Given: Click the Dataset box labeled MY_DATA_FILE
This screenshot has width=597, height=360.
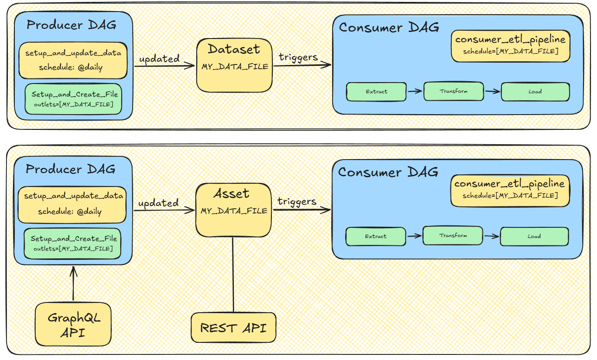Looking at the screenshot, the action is pyautogui.click(x=234, y=65).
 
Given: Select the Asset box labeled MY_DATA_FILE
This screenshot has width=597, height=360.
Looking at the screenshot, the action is pyautogui.click(x=233, y=210).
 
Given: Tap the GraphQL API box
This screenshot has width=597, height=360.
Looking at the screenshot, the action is pyautogui.click(x=73, y=324).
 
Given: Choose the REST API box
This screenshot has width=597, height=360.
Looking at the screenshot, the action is pyautogui.click(x=233, y=328).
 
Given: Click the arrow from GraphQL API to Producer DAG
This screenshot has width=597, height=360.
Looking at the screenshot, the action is pyautogui.click(x=73, y=283).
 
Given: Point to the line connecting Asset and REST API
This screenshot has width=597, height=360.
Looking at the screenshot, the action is pyautogui.click(x=233, y=275).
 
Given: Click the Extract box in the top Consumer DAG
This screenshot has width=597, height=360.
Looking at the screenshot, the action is pyautogui.click(x=376, y=92).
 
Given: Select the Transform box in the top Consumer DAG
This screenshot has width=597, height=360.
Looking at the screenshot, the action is pyautogui.click(x=454, y=91).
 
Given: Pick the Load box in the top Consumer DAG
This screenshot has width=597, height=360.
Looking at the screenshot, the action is pyautogui.click(x=535, y=92).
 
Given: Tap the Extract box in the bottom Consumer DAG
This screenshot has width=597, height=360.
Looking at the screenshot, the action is pyautogui.click(x=376, y=236).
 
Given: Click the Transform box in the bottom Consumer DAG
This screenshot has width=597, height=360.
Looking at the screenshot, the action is pyautogui.click(x=453, y=236).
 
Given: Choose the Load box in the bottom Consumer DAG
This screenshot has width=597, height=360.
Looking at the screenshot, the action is pyautogui.click(x=534, y=236).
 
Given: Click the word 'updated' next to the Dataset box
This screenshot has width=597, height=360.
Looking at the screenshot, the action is pyautogui.click(x=160, y=59).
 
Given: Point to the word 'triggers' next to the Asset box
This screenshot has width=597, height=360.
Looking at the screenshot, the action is pyautogui.click(x=297, y=202).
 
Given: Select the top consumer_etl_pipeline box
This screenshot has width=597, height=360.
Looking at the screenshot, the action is pyautogui.click(x=511, y=46).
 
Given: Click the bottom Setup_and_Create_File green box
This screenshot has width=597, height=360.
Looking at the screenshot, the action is pyautogui.click(x=72, y=244).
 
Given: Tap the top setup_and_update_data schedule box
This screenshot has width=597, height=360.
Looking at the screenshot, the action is pyautogui.click(x=73, y=60).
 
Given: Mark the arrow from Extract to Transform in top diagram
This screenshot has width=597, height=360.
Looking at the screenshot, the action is pyautogui.click(x=415, y=91).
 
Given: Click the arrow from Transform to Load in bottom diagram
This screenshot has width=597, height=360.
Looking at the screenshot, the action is pyautogui.click(x=492, y=236).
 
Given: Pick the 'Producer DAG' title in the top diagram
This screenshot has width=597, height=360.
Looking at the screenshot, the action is pyautogui.click(x=71, y=25).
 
